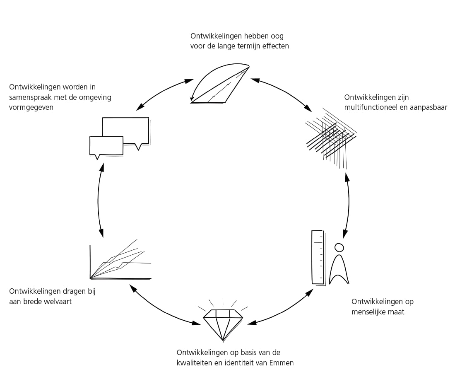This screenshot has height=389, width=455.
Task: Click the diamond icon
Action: [223, 323]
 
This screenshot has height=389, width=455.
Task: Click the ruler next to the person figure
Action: [318, 257]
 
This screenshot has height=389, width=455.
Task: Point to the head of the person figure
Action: [339, 248]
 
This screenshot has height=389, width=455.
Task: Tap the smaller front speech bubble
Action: [106, 146]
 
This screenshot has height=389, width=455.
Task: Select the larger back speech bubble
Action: [126, 129]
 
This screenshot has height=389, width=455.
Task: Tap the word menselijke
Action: [368, 312]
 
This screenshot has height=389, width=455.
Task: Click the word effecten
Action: [275, 46]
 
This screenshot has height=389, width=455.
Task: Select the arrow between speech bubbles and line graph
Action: [99, 201]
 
